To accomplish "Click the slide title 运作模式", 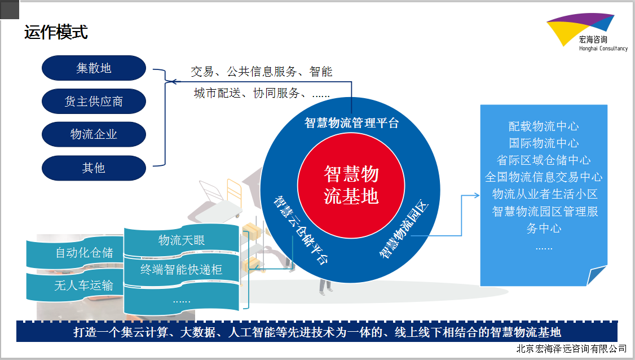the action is [56, 32].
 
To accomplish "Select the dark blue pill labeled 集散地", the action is [94, 68].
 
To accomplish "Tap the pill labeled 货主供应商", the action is [94, 102].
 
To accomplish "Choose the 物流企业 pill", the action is [94, 134].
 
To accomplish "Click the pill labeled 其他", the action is [94, 168].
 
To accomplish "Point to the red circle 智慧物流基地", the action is [351, 185].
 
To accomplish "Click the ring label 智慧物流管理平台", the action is [351, 122].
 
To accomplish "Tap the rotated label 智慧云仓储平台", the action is [301, 230].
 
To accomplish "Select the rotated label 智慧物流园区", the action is [403, 229].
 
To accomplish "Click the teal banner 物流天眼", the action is [182, 240].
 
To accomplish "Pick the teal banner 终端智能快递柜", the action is [182, 269].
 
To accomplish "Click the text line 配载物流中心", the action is [544, 126].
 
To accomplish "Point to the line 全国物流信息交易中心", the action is [544, 177].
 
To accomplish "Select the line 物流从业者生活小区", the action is [545, 194].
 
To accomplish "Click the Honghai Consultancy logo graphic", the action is [580, 29].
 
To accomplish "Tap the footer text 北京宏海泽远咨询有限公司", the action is [571, 349].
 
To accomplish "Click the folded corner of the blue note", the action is [596, 276].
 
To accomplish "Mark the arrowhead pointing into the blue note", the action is [477, 195].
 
